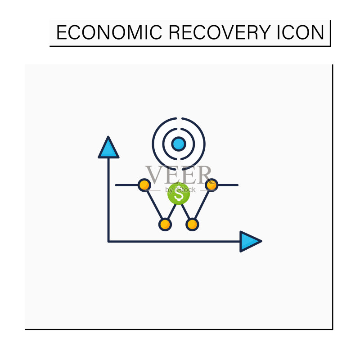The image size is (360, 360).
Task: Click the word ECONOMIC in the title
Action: click(109, 32)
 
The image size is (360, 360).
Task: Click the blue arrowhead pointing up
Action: click(108, 148)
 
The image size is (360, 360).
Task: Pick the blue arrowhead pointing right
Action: click(250, 241)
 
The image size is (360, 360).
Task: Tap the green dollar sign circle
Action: click(179, 194)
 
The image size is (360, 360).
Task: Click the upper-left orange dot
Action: click(144, 185)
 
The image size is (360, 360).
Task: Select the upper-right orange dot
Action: click(211, 185)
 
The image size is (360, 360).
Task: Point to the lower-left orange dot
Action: click(165, 225)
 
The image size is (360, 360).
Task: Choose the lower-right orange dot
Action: click(192, 225)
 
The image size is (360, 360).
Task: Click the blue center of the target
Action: click(179, 144)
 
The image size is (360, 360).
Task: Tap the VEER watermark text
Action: click(178, 175)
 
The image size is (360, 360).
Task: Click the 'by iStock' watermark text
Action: click(180, 190)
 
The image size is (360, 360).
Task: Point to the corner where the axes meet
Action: click(108, 241)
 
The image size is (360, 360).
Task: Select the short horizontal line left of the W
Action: click(127, 185)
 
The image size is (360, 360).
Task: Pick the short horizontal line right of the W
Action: click(228, 185)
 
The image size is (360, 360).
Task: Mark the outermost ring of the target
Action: click(153, 144)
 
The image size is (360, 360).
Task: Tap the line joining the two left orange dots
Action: click(154, 205)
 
